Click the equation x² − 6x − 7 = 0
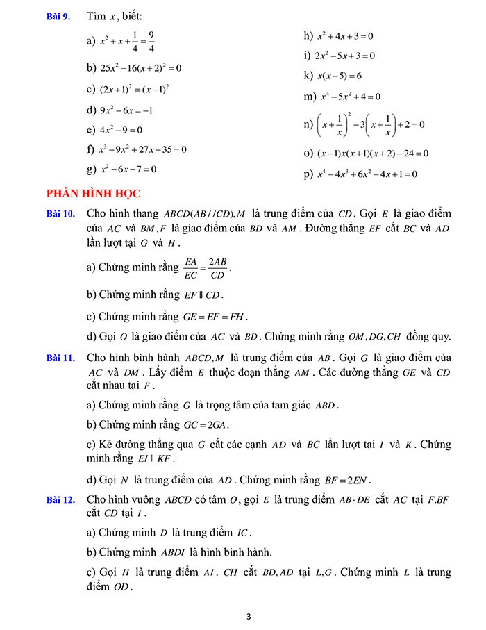click(128, 169)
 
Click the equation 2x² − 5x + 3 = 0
click(344, 56)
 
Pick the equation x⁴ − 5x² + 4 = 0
click(349, 97)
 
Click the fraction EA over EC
click(190, 267)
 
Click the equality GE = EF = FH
click(215, 316)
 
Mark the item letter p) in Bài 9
click(308, 174)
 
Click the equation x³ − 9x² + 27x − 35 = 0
click(143, 149)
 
